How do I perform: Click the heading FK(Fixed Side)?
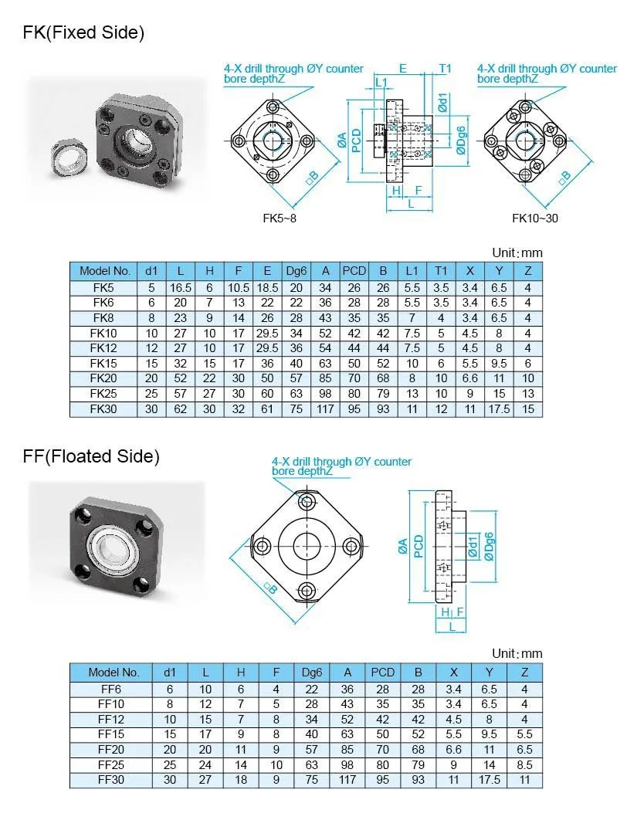(83, 33)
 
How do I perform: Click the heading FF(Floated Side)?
(91, 456)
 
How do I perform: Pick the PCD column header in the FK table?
(354, 271)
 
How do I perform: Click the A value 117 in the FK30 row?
(327, 409)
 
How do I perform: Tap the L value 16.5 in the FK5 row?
(181, 287)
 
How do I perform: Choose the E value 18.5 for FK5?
(267, 287)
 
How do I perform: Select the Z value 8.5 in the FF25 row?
(524, 765)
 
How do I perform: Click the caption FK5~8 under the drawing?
(279, 219)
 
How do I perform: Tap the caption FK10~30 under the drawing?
(534, 219)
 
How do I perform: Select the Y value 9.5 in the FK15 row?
(498, 363)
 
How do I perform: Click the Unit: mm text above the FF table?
(517, 653)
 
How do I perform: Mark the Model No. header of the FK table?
(105, 271)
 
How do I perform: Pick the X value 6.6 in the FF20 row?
(453, 750)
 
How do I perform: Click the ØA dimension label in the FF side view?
(403, 547)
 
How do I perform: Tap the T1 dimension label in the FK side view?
(446, 69)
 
